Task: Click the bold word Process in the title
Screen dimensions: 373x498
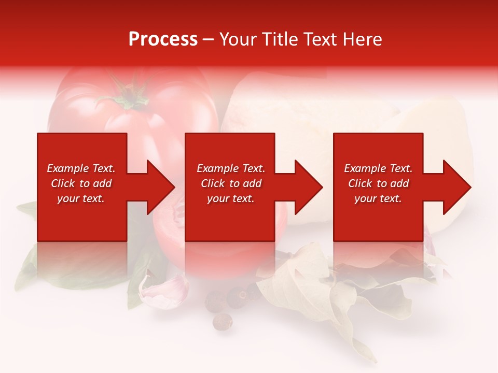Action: pyautogui.click(x=163, y=39)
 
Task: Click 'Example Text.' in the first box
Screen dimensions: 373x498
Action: pyautogui.click(x=81, y=168)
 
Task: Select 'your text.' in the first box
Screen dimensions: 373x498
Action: pyautogui.click(x=81, y=198)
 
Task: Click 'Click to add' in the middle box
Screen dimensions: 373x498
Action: pyautogui.click(x=231, y=183)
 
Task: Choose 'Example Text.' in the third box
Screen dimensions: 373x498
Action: pyautogui.click(x=378, y=168)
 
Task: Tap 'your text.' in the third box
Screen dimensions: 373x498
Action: pyautogui.click(x=378, y=198)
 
